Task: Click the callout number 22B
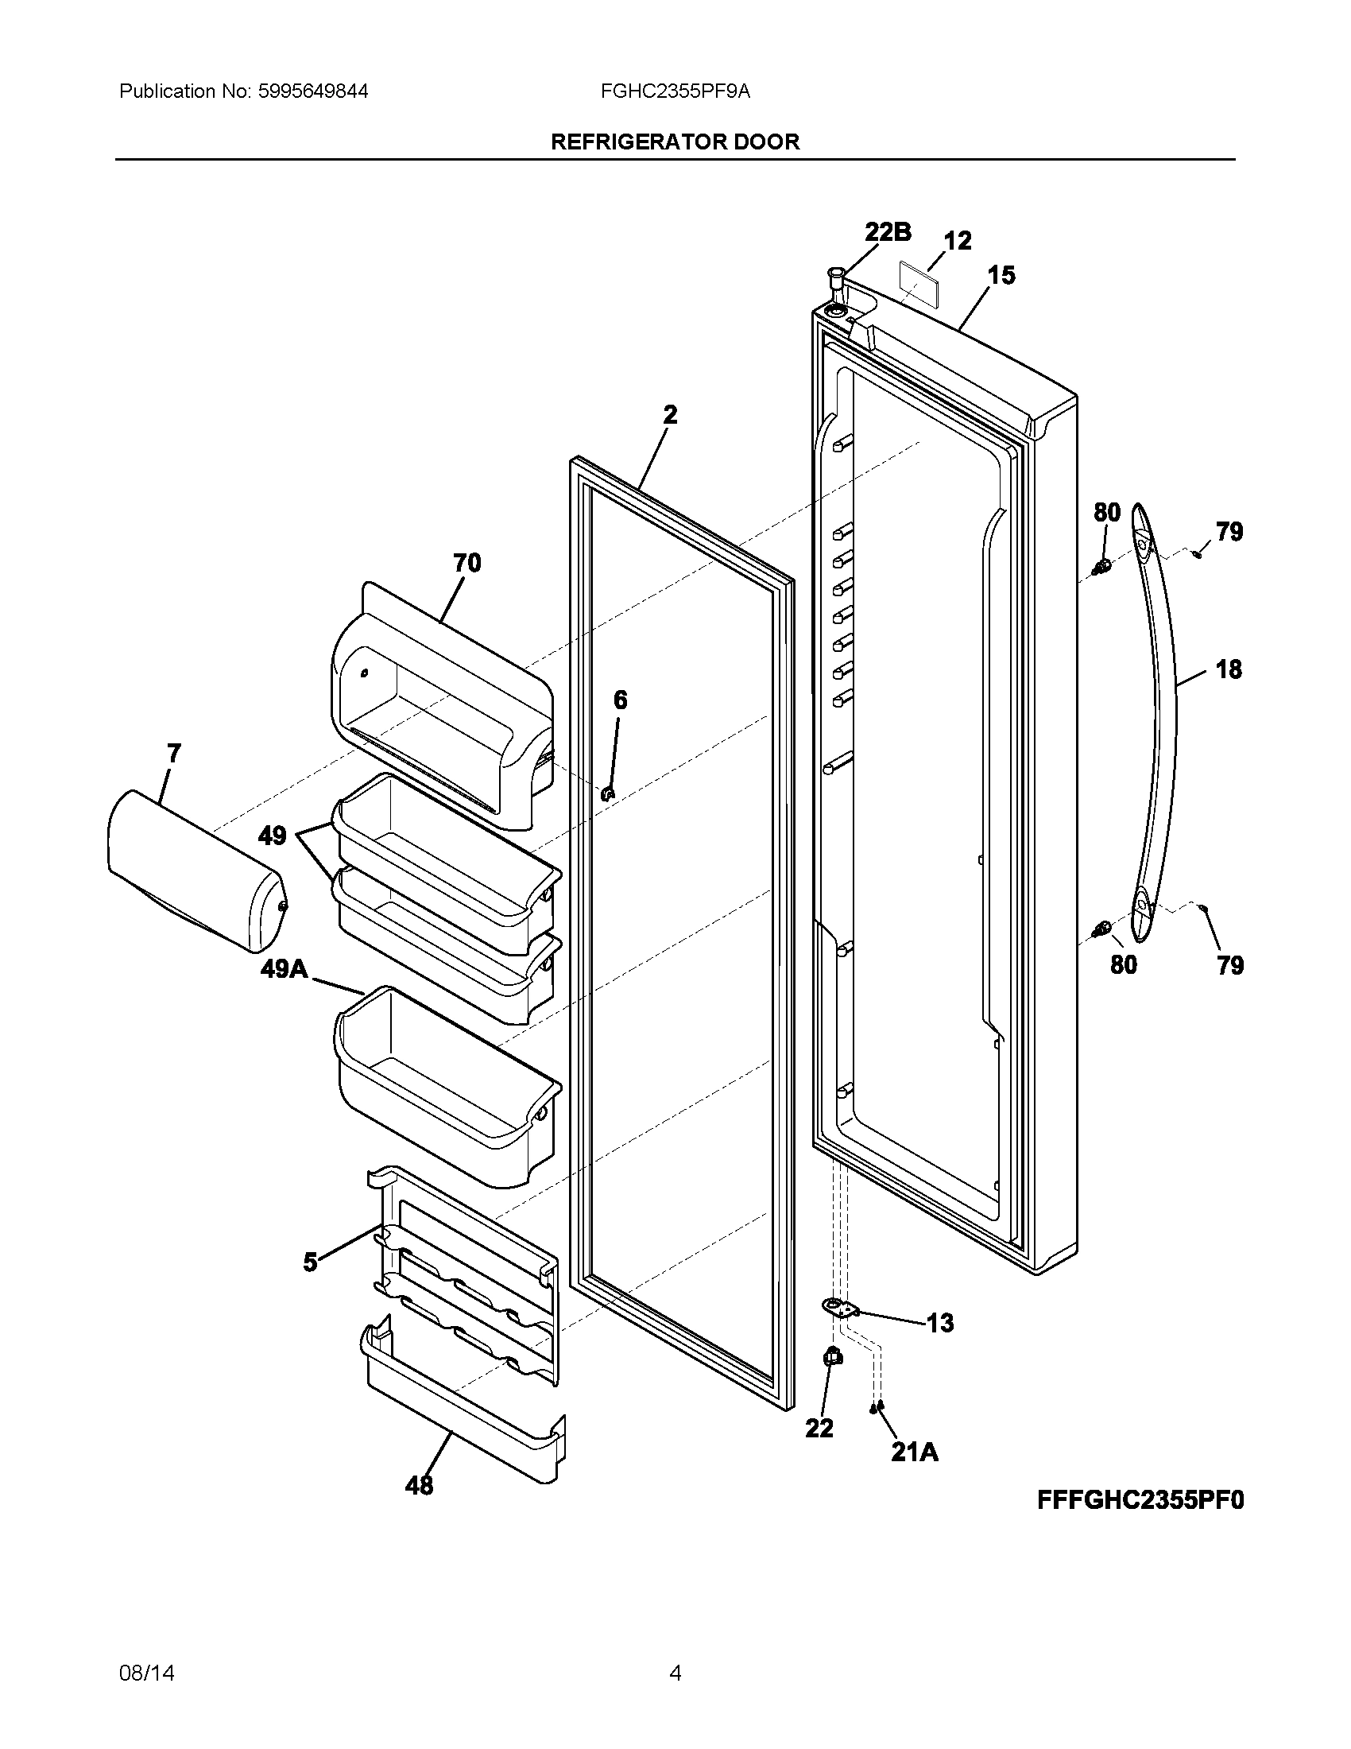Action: pos(887,232)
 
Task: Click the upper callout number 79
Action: pos(1229,531)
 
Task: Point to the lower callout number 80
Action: pos(1123,964)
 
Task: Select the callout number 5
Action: pos(311,1263)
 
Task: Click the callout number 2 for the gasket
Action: pos(670,415)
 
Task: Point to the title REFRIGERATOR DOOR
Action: pos(675,142)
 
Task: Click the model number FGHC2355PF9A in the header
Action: pos(675,91)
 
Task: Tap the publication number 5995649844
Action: pos(313,91)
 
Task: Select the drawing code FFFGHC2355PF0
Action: pos(1140,1500)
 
